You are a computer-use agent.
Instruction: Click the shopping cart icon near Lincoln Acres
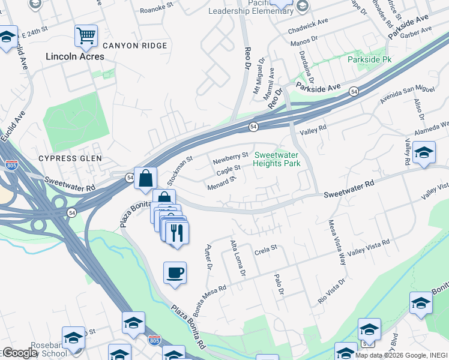tap(86, 35)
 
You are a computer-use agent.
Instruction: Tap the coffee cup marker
tap(175, 273)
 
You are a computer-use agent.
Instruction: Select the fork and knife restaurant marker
tap(176, 232)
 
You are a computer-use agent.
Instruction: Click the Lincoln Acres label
tap(76, 56)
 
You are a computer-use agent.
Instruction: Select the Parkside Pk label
tap(369, 60)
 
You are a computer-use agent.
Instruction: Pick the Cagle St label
tap(228, 170)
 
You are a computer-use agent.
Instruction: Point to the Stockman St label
tap(178, 169)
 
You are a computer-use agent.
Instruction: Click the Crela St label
tap(265, 247)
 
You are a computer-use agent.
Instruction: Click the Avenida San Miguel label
tap(406, 94)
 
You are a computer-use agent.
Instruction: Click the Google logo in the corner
tap(19, 353)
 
